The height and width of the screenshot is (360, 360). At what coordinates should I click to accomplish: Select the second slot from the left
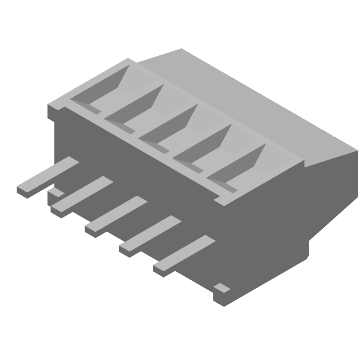pyautogui.click(x=137, y=108)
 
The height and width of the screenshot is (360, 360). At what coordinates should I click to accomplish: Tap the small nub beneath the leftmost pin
pyautogui.click(x=56, y=193)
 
